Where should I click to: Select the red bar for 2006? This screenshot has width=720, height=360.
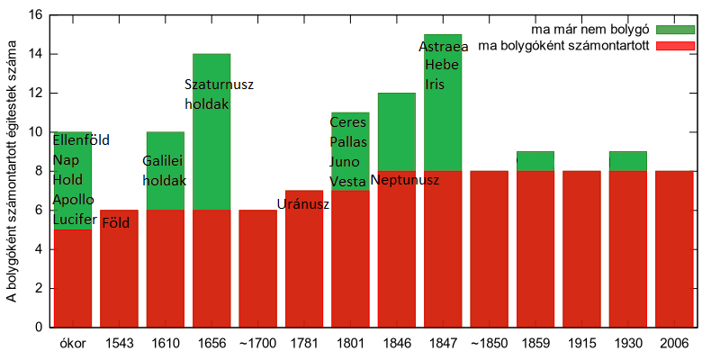(x=674, y=248)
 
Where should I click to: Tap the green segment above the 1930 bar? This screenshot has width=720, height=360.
(x=628, y=160)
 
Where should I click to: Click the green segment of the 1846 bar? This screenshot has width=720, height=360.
(x=397, y=130)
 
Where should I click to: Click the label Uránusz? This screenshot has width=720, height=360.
(x=303, y=204)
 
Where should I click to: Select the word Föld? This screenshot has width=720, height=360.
(x=114, y=221)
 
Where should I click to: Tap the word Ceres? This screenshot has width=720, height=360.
(x=348, y=122)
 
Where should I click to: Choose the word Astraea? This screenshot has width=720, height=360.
(x=444, y=47)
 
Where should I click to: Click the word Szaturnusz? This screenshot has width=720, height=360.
(x=220, y=85)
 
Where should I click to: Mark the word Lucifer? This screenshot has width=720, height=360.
(x=75, y=219)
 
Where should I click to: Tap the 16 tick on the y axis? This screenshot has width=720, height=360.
(x=35, y=15)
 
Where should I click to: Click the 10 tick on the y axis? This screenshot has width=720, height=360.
(x=35, y=132)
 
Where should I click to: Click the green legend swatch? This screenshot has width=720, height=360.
(x=676, y=29)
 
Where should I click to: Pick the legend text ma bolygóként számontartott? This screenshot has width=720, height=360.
(x=565, y=45)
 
